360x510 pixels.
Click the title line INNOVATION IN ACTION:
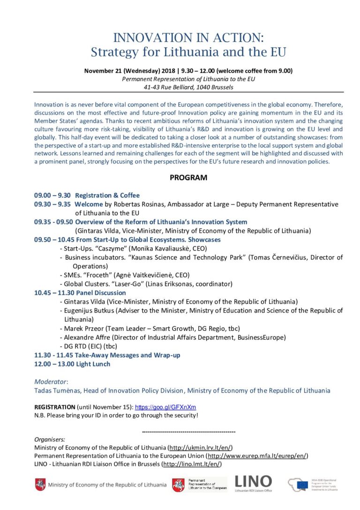click(188, 38)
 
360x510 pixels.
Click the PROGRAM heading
click(188, 178)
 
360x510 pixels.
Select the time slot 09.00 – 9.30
click(52, 195)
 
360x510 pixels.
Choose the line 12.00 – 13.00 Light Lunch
click(72, 364)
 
